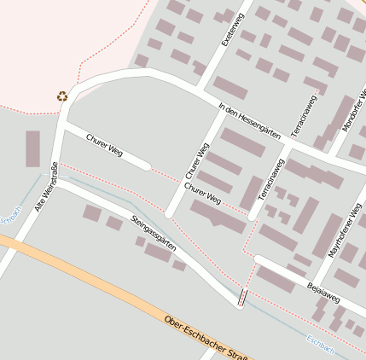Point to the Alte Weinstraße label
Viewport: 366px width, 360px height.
pyautogui.click(x=44, y=187)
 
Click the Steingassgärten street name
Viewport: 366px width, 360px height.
pyautogui.click(x=154, y=231)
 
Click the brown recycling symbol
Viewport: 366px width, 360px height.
pyautogui.click(x=61, y=96)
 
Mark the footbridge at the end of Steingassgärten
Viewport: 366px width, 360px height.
pyautogui.click(x=242, y=297)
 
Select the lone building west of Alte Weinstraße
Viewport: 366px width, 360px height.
pyautogui.click(x=32, y=148)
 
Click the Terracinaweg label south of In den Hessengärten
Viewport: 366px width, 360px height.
pyautogui.click(x=270, y=179)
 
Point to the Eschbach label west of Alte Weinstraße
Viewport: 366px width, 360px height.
pyautogui.click(x=9, y=217)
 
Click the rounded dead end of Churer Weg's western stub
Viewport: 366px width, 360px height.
pyautogui.click(x=146, y=165)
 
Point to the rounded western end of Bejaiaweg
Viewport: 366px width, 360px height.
pyautogui.click(x=258, y=260)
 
